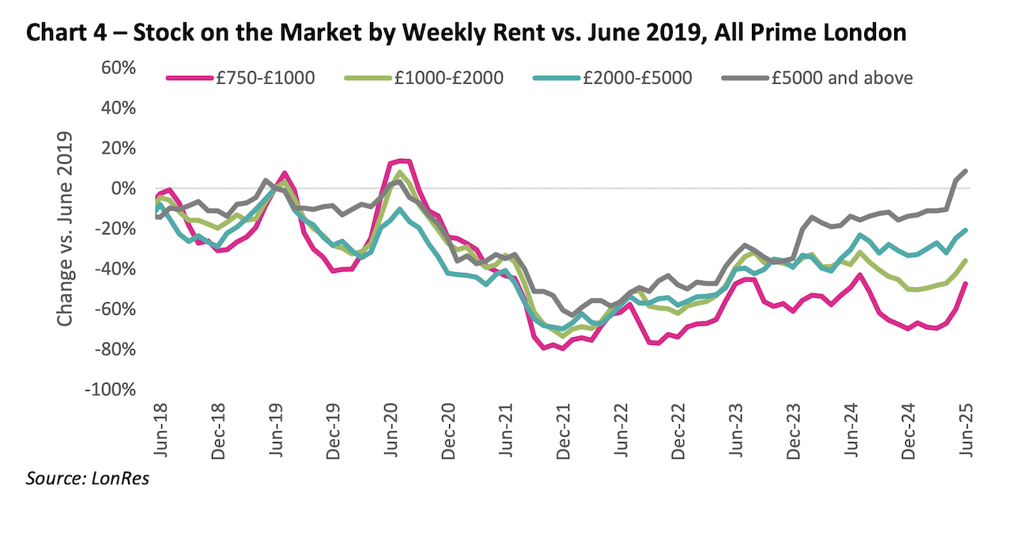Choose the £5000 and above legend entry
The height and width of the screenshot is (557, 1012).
(841, 78)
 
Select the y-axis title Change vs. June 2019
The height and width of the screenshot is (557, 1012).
(66, 229)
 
